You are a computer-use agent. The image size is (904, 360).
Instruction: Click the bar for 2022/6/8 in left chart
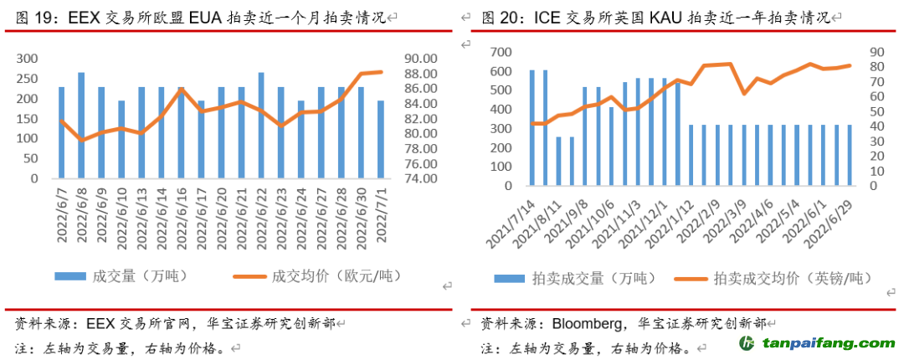click(x=81, y=126)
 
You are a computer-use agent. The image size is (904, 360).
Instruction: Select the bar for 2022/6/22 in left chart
click(x=261, y=126)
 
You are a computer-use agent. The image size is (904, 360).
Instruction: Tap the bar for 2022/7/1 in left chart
click(x=381, y=140)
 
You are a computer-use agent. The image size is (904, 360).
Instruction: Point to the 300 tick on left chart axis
click(x=28, y=59)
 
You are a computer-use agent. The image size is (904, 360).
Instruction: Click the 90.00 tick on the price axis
click(x=420, y=59)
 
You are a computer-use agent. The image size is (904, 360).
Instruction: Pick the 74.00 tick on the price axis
click(x=420, y=178)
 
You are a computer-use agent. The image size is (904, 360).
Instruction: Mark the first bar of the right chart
click(x=532, y=127)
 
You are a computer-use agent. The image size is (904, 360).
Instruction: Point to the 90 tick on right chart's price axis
click(x=876, y=52)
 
